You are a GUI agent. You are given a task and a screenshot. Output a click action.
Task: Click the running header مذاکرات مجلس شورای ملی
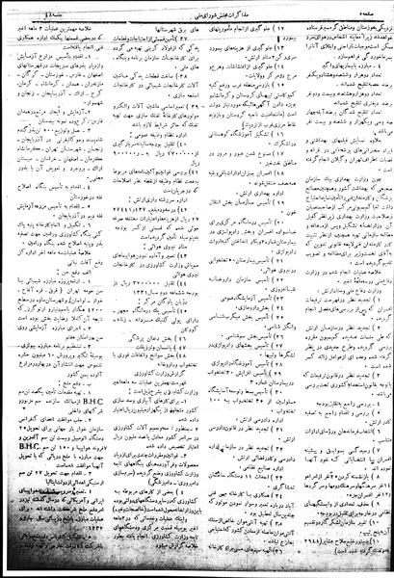pyautogui.click(x=197, y=9)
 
